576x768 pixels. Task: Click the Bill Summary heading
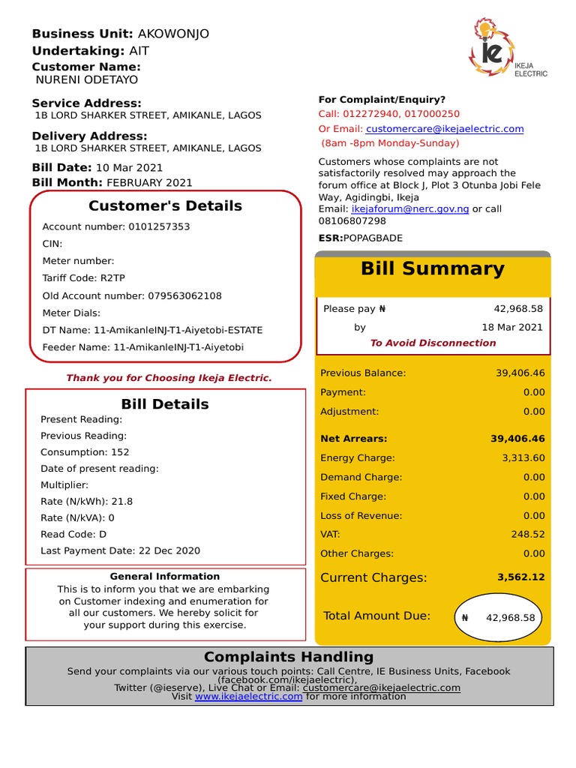coord(432,268)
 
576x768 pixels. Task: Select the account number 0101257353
coord(159,226)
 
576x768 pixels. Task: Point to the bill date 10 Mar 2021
coord(129,167)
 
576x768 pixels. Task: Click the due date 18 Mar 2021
coord(512,327)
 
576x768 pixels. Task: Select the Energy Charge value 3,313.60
coord(523,457)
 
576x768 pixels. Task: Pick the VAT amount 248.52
coord(528,535)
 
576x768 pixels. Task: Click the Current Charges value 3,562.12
coord(520,577)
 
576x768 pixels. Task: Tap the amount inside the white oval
coord(510,618)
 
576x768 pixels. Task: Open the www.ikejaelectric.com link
coord(248,696)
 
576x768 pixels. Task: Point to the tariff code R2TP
coord(112,278)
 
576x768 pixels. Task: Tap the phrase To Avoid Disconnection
coord(433,343)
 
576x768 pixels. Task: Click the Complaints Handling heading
coord(288,657)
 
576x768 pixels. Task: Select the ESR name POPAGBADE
coord(373,238)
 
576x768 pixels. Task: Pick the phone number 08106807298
coord(352,220)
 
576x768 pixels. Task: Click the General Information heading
coord(165,576)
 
